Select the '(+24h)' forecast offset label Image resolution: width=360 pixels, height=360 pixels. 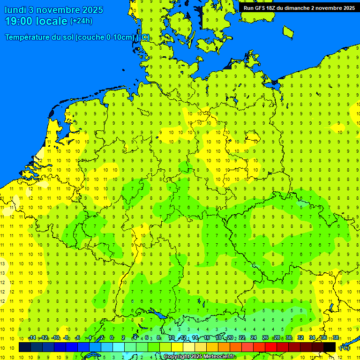(x=81, y=21)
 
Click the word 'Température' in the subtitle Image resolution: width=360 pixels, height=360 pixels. (x=28, y=37)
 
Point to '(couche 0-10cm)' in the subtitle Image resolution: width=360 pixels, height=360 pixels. (x=105, y=37)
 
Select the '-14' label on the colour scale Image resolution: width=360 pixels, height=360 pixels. (x=32, y=338)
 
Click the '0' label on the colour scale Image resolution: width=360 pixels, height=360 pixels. (x=112, y=338)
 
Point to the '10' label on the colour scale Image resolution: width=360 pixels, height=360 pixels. (x=172, y=338)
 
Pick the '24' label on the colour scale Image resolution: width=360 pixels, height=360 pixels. (x=254, y=338)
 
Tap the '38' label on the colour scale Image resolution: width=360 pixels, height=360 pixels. (x=336, y=338)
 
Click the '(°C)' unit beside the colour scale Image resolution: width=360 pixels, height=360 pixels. (x=345, y=348)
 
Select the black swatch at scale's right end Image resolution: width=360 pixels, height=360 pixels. (x=330, y=347)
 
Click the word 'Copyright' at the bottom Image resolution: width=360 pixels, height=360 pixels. (x=177, y=357)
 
